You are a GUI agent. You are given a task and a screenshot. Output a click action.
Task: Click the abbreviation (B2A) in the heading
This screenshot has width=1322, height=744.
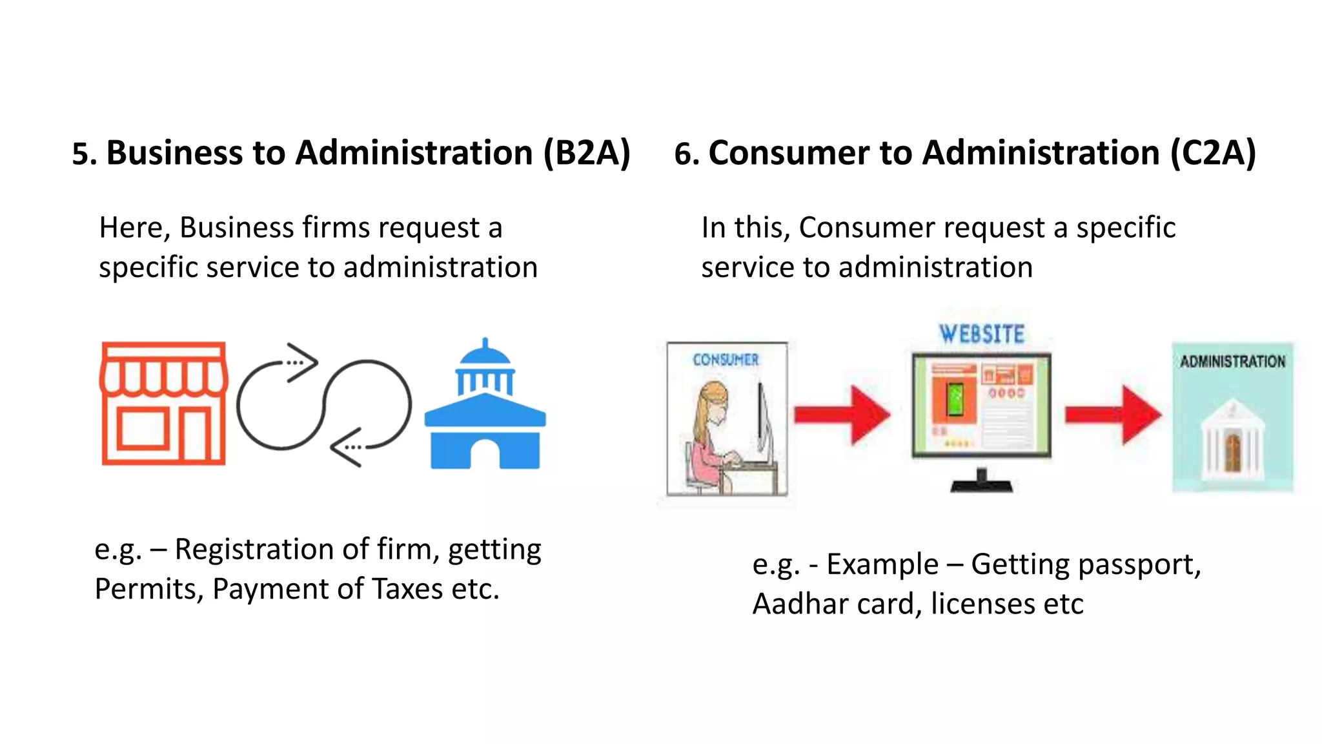[x=586, y=153]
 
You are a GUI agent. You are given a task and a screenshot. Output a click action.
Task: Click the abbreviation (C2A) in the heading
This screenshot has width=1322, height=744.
[x=1213, y=153]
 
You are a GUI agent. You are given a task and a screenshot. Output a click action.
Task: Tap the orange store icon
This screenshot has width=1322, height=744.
[x=164, y=404]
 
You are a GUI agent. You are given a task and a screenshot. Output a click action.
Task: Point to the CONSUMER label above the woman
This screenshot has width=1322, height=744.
[x=726, y=360]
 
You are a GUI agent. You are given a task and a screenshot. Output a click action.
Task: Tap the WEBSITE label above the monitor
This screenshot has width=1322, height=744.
[x=981, y=334]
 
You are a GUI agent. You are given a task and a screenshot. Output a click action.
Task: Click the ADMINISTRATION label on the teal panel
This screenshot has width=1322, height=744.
[x=1232, y=362]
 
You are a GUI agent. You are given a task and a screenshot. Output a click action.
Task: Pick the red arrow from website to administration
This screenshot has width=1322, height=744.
[x=1113, y=415]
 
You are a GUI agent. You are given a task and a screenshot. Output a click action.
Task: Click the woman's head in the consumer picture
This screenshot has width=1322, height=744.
[x=714, y=400]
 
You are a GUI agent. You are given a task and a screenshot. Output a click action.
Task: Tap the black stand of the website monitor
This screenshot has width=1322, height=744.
[x=981, y=481]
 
